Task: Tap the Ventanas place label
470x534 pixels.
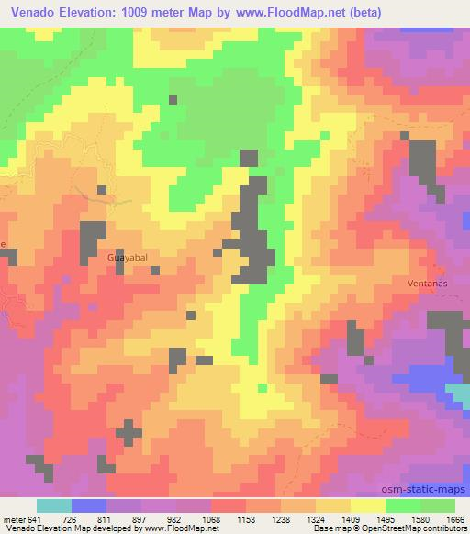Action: click(x=427, y=284)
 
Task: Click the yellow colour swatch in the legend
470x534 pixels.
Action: click(x=365, y=506)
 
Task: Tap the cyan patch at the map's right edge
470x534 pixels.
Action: click(x=458, y=395)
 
